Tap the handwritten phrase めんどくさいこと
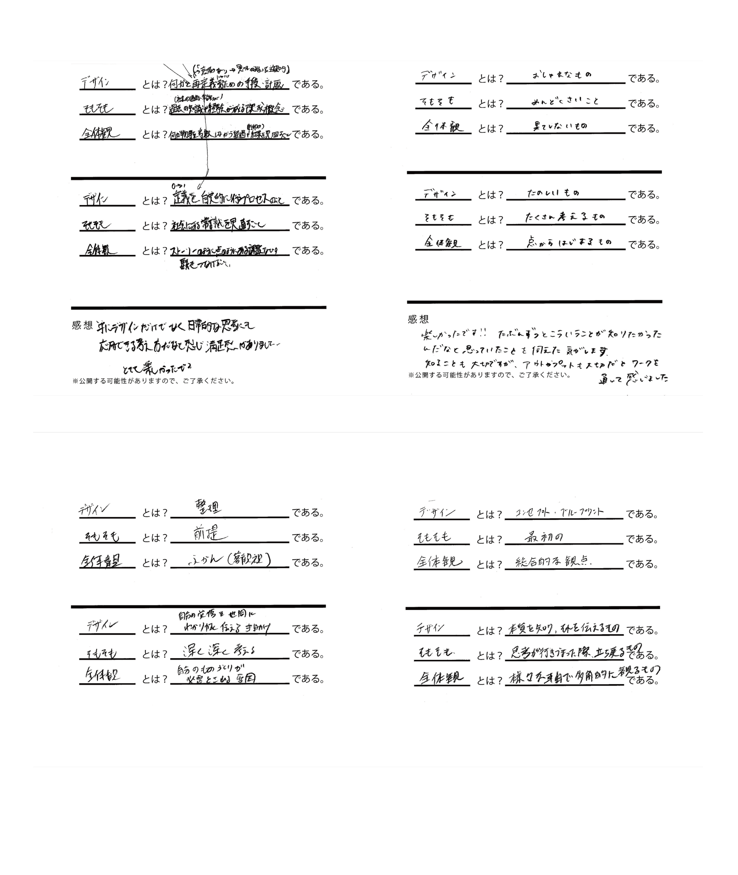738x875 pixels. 565,101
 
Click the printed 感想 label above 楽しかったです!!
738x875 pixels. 418,319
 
